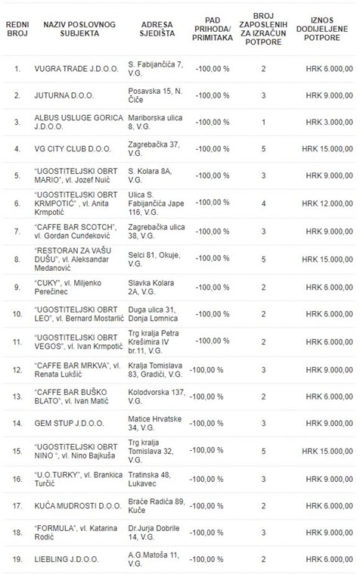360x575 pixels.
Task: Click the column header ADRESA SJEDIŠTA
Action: pyautogui.click(x=157, y=29)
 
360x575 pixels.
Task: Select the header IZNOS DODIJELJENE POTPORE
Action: pyautogui.click(x=322, y=29)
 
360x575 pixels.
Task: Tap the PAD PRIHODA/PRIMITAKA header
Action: pyautogui.click(x=213, y=29)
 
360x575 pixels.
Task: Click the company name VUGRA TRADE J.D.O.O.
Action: pyautogui.click(x=76, y=69)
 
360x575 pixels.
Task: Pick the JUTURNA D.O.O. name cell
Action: pyautogui.click(x=64, y=95)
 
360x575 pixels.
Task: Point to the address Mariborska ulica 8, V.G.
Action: pyautogui.click(x=155, y=122)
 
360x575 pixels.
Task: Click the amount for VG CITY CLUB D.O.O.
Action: pyautogui.click(x=327, y=149)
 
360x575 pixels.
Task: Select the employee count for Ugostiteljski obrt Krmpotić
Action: pyautogui.click(x=263, y=204)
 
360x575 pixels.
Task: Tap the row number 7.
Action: pyautogui.click(x=17, y=232)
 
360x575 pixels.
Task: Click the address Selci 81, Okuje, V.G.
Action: pyautogui.click(x=154, y=260)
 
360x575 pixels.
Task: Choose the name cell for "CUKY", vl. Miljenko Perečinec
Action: pyautogui.click(x=68, y=287)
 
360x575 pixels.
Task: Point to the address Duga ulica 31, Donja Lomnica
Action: pyautogui.click(x=153, y=314)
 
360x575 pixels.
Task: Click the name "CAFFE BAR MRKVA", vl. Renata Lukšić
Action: pyautogui.click(x=77, y=370)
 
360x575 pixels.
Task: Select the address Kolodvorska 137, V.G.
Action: pyautogui.click(x=157, y=396)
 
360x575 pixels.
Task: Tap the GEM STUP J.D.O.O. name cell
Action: pyautogui.click(x=70, y=423)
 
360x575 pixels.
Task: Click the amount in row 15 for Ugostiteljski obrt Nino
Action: pyautogui.click(x=327, y=451)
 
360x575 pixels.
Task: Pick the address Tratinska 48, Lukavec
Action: pyautogui.click(x=149, y=479)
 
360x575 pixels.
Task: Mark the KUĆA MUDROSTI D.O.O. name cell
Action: pyautogui.click(x=78, y=505)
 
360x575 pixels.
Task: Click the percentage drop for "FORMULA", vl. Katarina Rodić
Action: pyautogui.click(x=206, y=533)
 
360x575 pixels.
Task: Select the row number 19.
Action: pyautogui.click(x=17, y=559)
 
